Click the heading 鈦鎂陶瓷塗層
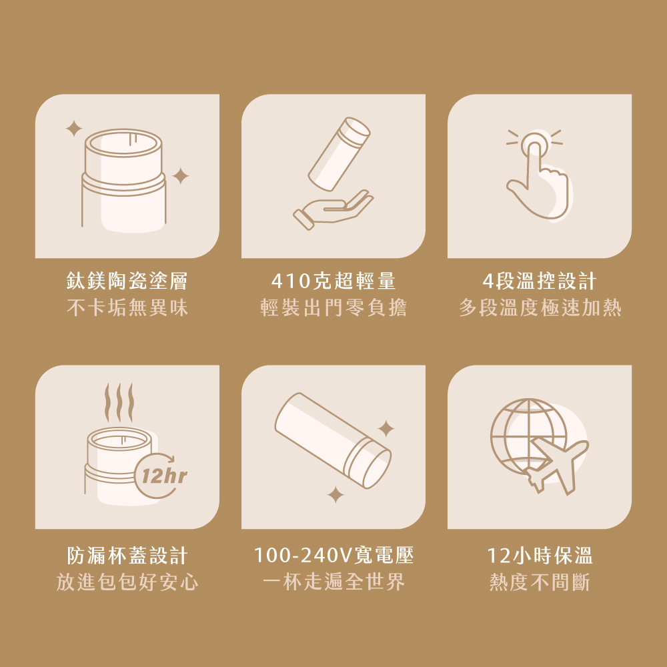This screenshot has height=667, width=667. [127, 281]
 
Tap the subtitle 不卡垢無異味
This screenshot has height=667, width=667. [127, 307]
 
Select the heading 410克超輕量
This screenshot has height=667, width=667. [333, 281]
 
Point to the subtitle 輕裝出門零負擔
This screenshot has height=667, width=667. [333, 307]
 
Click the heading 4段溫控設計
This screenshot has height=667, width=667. [540, 281]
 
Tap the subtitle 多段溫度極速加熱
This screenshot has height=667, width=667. [540, 307]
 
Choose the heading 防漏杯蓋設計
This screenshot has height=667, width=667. [127, 556]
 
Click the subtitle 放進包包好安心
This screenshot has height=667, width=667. [127, 582]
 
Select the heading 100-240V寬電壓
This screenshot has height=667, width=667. [333, 556]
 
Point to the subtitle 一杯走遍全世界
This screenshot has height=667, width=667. [333, 582]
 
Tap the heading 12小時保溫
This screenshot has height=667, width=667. [540, 556]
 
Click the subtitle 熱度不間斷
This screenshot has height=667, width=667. [540, 582]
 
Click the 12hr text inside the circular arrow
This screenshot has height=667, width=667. [164, 476]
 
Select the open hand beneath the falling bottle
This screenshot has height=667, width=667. [333, 209]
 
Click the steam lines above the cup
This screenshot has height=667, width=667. [119, 402]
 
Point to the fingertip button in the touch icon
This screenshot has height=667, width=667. [534, 145]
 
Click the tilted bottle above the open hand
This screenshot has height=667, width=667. [339, 154]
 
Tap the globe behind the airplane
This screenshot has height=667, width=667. [528, 436]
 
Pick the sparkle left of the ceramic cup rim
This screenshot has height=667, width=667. [74, 129]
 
